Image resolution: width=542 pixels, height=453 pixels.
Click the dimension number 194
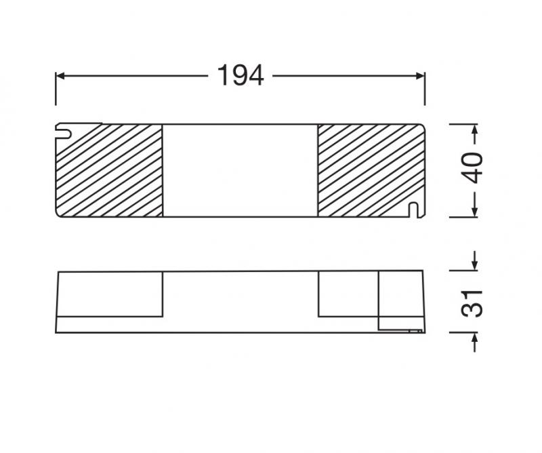[240, 76]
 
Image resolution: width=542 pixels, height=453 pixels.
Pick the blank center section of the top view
[240, 171]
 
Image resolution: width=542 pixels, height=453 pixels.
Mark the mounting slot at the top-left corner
[65, 127]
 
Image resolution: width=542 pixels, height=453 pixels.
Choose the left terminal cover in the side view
[110, 294]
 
